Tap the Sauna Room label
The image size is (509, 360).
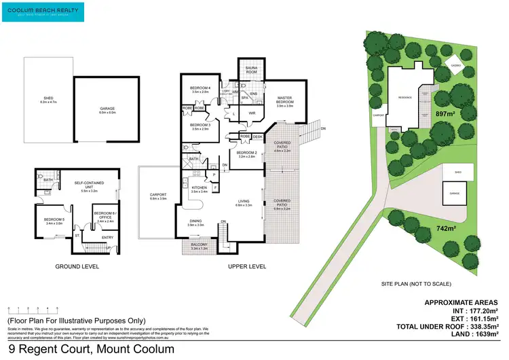[x=248, y=69]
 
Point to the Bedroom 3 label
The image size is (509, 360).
[x=200, y=127]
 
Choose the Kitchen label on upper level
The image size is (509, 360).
[x=198, y=190]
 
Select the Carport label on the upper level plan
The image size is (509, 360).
[x=157, y=196]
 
